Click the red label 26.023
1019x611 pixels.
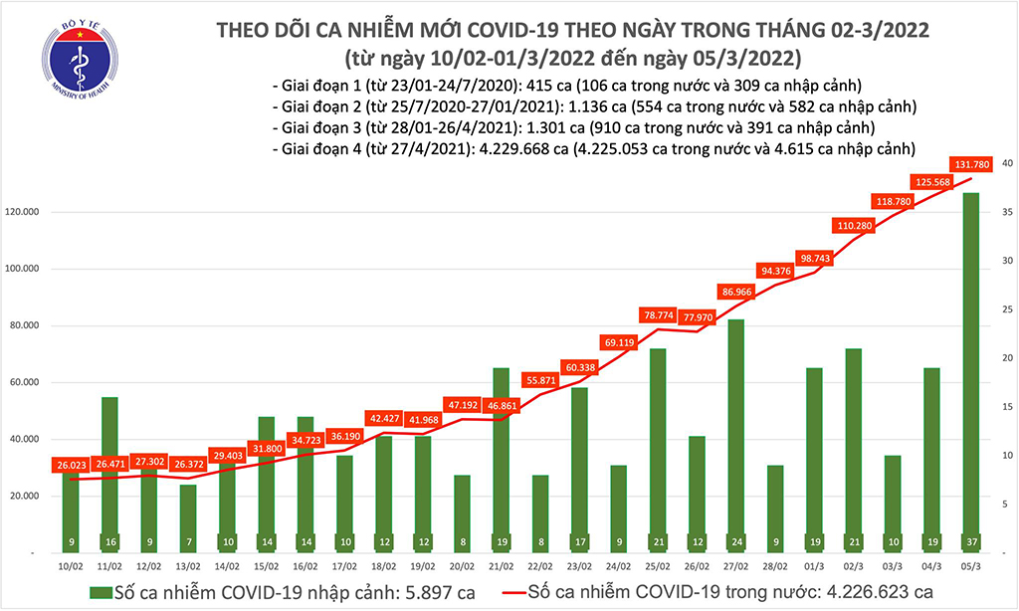coord(73,464)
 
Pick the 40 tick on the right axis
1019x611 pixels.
coord(1006,163)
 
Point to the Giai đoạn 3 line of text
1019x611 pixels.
coord(571,127)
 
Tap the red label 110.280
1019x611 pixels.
coord(852,226)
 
